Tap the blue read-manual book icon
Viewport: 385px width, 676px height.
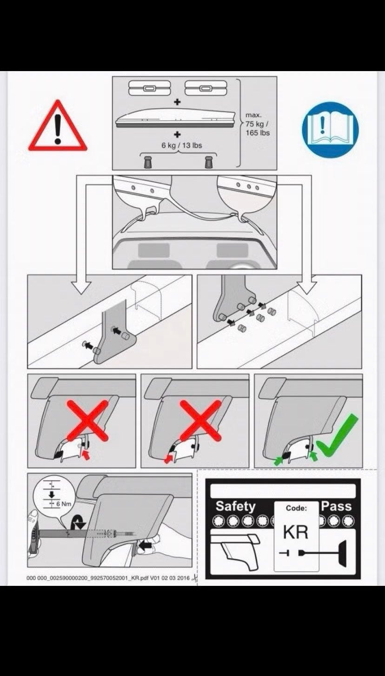point(330,130)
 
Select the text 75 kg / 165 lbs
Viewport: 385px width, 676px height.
point(258,128)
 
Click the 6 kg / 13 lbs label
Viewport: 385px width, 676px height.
point(181,145)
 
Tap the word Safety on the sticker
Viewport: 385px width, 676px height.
point(236,506)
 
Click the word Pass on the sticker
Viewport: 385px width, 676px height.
point(336,506)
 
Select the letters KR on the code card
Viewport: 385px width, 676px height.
point(296,532)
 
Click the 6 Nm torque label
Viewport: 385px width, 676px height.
point(64,504)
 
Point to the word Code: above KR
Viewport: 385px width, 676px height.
point(296,508)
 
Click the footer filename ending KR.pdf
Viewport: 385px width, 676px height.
point(108,578)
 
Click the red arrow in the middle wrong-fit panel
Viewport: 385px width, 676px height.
point(168,459)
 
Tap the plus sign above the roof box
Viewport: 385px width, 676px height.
point(177,102)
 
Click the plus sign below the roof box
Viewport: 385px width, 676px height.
point(177,134)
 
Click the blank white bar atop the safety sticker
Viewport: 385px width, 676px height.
point(283,491)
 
